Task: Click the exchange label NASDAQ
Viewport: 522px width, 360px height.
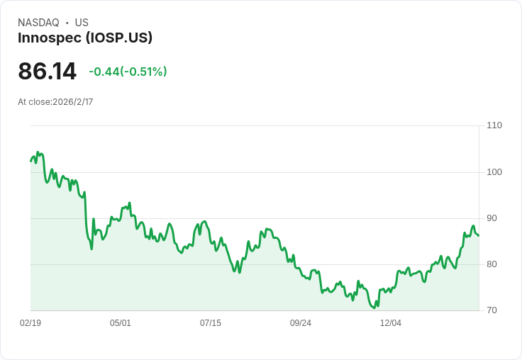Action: tap(38, 23)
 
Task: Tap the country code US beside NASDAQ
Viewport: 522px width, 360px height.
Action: tap(82, 23)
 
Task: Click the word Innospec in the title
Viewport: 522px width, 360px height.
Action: tap(50, 38)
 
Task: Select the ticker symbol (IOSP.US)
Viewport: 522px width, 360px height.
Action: tap(119, 38)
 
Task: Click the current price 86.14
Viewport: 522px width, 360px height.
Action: tap(48, 71)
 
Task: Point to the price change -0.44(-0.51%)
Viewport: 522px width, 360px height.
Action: tap(128, 72)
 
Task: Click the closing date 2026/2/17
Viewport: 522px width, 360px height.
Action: tap(73, 102)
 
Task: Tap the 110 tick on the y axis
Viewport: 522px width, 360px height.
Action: tap(494, 125)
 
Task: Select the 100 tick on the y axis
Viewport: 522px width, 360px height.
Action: tap(494, 172)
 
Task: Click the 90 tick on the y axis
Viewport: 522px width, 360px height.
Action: tap(492, 218)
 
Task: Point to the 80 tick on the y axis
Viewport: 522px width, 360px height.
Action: tap(492, 264)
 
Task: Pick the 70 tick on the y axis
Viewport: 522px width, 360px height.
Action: tap(492, 310)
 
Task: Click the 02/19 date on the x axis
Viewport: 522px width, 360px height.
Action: tap(30, 323)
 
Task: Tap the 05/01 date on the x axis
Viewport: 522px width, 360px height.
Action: tap(121, 323)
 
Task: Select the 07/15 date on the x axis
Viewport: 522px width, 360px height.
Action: tap(211, 323)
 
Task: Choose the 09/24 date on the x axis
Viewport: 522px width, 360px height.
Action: tap(301, 323)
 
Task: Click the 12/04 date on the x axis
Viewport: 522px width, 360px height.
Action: tap(391, 323)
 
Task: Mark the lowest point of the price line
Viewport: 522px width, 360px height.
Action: tap(374, 308)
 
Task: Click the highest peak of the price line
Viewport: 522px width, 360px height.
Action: tap(38, 152)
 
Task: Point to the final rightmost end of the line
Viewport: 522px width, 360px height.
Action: tap(479, 235)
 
